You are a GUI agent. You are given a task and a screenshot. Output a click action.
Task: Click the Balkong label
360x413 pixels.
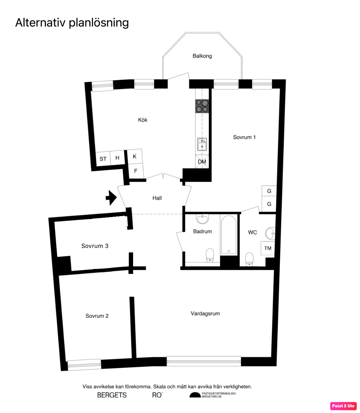202,56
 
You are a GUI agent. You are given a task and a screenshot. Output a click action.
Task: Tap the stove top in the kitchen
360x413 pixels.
202,106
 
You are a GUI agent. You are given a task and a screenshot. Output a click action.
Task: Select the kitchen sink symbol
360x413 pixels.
202,144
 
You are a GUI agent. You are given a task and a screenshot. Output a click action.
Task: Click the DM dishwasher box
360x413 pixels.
202,162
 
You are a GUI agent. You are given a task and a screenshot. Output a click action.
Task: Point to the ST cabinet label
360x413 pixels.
103,159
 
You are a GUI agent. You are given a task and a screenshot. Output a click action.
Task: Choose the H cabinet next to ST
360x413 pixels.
117,158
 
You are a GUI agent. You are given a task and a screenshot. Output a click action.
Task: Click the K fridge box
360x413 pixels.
135,156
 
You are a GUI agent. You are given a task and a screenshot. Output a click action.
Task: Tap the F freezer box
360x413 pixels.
136,171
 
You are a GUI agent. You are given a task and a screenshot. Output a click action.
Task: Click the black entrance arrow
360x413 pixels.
111,198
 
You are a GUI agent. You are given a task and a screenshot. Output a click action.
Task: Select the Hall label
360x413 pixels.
157,198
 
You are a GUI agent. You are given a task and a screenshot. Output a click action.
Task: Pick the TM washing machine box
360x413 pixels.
268,248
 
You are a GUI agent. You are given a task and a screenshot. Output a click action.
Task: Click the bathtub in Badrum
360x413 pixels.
229,235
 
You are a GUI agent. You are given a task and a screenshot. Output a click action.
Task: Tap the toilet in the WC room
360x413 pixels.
249,259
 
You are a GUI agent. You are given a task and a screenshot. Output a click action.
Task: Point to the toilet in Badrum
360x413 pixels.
210,255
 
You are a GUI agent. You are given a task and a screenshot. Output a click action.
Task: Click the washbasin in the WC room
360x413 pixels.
270,234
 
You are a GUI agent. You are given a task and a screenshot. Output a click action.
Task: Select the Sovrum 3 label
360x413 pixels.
95,246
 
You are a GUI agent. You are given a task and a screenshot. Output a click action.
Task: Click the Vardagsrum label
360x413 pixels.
205,314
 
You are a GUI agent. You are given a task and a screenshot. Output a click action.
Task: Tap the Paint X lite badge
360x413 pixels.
343,406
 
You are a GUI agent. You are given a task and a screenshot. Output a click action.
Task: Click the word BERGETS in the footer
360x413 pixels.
112,395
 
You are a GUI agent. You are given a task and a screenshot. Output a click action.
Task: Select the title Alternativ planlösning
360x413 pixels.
72,22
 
